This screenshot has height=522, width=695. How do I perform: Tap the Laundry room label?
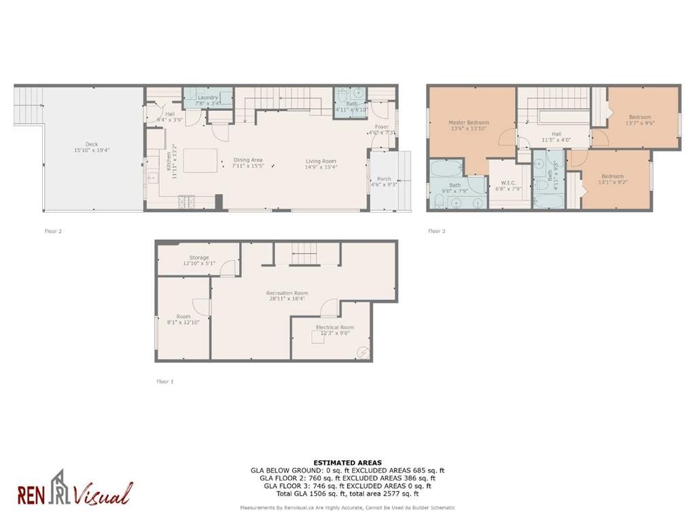pos(208,97)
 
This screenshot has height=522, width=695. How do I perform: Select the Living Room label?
pos(320,161)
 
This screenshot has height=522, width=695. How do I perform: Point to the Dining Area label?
pos(247,160)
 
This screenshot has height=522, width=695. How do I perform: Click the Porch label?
pos(384,179)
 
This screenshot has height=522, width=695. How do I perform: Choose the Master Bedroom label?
pos(468,123)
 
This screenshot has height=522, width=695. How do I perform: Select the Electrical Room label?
pos(335,328)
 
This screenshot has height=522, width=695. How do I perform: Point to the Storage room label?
pos(199,258)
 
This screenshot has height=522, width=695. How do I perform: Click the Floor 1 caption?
pos(165,381)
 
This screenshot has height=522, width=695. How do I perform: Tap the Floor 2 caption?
pos(53,231)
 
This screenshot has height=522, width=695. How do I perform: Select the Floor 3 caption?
pos(437,231)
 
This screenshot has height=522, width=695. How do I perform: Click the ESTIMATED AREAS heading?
pos(347,463)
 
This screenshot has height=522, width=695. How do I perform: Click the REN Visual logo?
pos(75,489)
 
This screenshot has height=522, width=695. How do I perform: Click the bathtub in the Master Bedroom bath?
pos(446,169)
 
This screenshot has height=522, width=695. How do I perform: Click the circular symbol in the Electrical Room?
pos(363,351)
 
